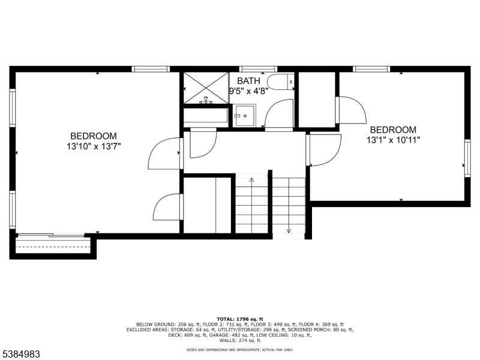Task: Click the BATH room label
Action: point(248,81)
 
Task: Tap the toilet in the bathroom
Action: point(281,82)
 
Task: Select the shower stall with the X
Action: point(206,88)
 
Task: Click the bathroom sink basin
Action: point(244,116)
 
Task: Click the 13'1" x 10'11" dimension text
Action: point(394,140)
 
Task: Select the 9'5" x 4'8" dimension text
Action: point(249,91)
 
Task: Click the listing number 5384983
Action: point(20,355)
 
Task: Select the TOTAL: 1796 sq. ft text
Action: point(240,319)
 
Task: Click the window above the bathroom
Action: point(258,69)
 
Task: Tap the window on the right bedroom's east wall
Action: point(467,158)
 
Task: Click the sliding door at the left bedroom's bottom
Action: point(51,235)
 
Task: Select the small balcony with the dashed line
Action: point(53,247)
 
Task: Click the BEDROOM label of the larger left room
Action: point(94,136)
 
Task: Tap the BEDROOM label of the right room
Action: point(394,130)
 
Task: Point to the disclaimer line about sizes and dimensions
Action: point(240,350)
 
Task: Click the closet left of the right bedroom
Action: point(317,99)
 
